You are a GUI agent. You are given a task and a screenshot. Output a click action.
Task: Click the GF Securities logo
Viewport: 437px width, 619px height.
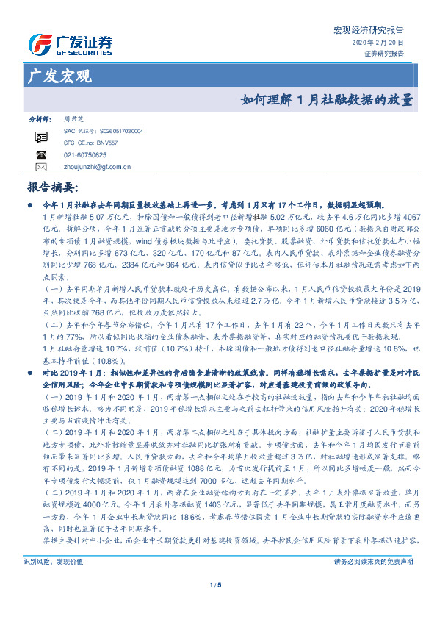pyautogui.click(x=70, y=46)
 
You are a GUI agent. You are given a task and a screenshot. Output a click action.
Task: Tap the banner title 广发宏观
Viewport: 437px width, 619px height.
pyautogui.click(x=59, y=76)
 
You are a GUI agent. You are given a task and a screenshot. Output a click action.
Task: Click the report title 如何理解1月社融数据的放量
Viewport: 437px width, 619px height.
pyautogui.click(x=328, y=100)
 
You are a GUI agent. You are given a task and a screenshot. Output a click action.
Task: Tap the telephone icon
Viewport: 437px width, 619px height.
pyautogui.click(x=41, y=155)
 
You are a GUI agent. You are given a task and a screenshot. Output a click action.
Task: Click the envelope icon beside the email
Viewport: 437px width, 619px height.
pyautogui.click(x=41, y=167)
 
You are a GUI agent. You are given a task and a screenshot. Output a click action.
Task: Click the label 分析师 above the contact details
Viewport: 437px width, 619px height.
pyautogui.click(x=40, y=118)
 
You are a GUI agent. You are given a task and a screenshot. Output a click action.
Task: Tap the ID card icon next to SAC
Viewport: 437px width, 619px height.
pyautogui.click(x=41, y=135)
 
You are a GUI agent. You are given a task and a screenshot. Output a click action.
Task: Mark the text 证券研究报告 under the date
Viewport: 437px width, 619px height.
pyautogui.click(x=384, y=54)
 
